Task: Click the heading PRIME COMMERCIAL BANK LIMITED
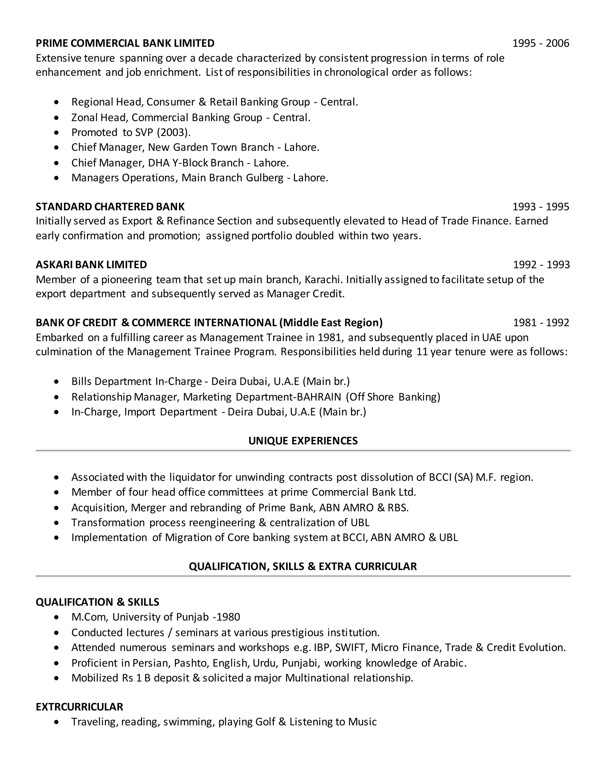tap(125, 43)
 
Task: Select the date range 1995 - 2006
tap(540, 43)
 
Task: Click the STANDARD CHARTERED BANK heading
tap(110, 207)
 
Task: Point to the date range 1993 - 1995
tap(540, 207)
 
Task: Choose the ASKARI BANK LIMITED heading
tap(91, 264)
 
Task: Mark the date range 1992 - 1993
tap(541, 264)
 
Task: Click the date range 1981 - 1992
tap(541, 322)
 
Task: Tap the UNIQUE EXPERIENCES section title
tap(303, 441)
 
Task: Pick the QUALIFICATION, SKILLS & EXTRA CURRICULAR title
tap(303, 566)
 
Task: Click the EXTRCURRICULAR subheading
tap(79, 707)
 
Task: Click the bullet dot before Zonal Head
tap(56, 117)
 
